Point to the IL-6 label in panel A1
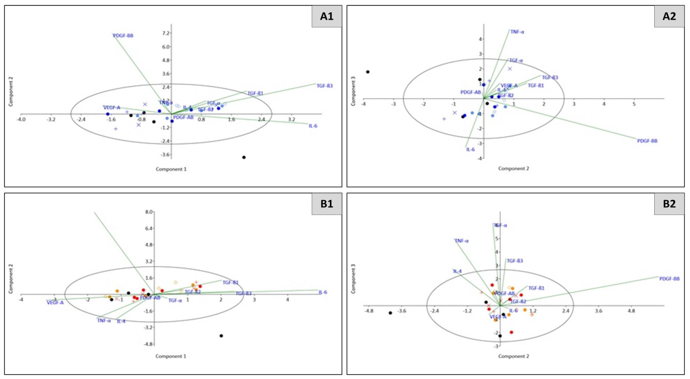pyautogui.click(x=313, y=126)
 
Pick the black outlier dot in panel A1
pyautogui.click(x=244, y=157)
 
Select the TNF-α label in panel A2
pyautogui.click(x=517, y=32)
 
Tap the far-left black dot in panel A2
pyautogui.click(x=368, y=72)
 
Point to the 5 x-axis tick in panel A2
pyautogui.click(x=634, y=104)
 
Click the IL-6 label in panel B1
pyautogui.click(x=323, y=292)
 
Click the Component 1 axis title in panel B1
pyautogui.click(x=171, y=356)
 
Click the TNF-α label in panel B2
pyautogui.click(x=461, y=241)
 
